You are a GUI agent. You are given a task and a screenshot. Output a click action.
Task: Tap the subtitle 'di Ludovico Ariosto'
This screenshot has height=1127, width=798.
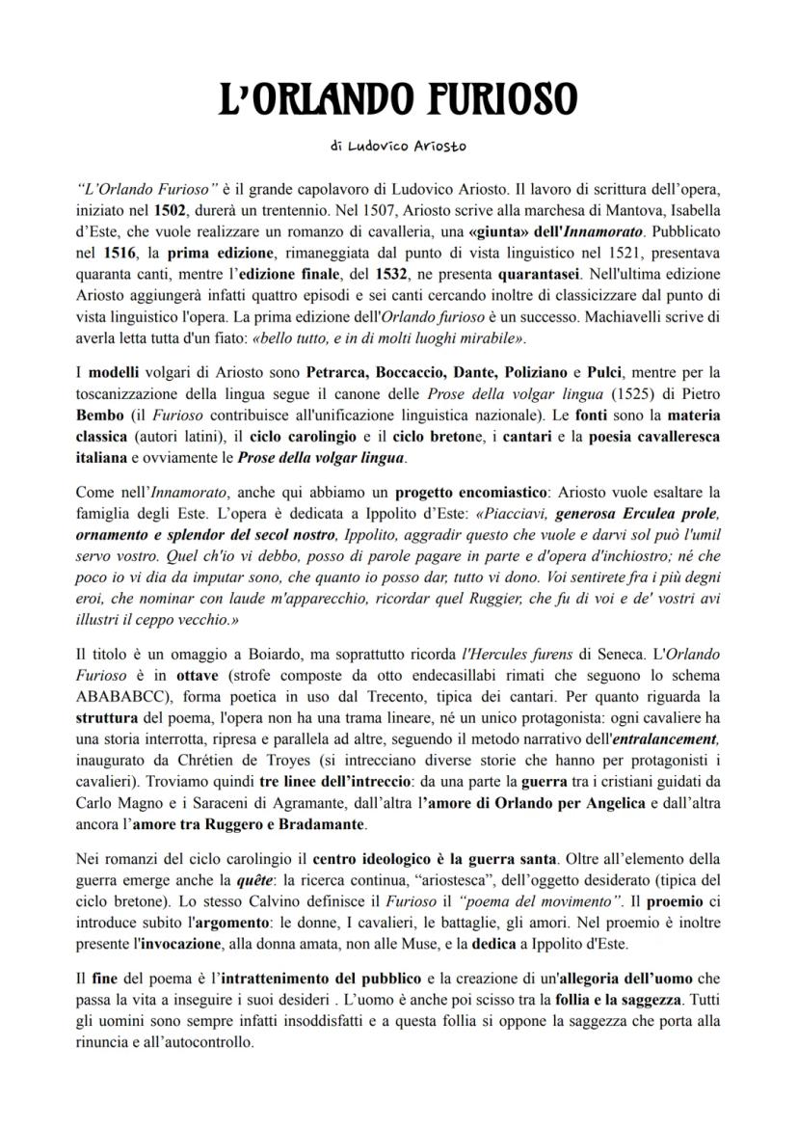click(398, 147)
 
